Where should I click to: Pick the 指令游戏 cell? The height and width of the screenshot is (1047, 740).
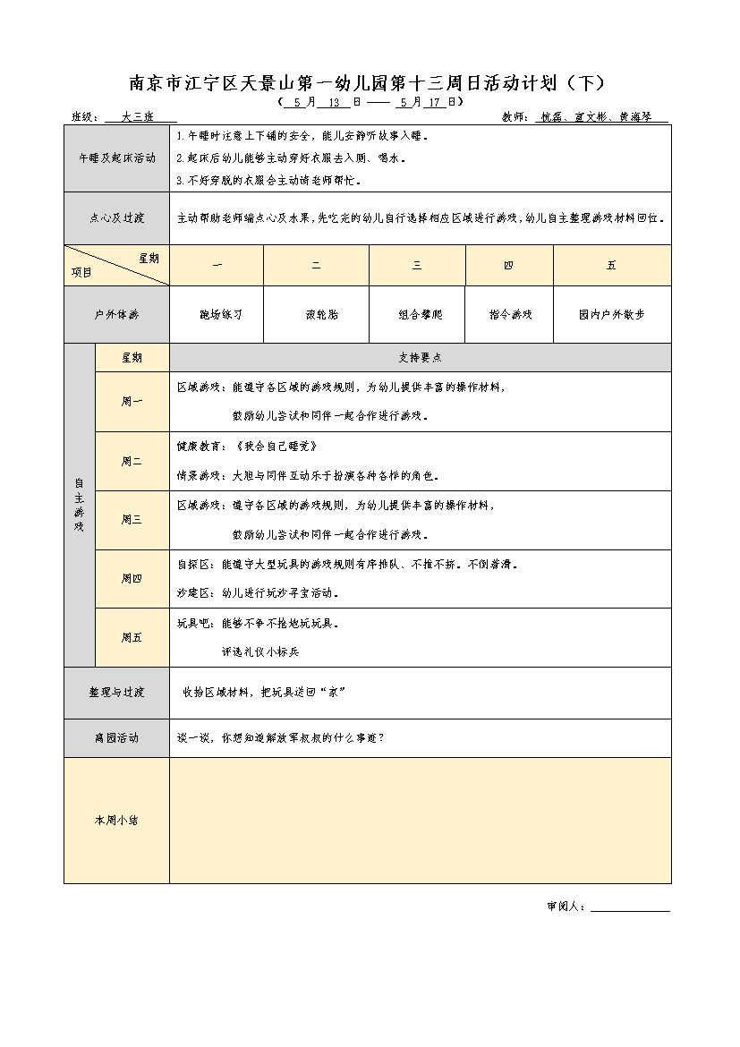coord(510,315)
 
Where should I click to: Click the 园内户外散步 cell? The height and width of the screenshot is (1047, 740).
coord(611,315)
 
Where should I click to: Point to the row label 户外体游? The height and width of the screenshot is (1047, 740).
coord(116,315)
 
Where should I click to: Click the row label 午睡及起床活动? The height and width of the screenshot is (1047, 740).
coord(116,158)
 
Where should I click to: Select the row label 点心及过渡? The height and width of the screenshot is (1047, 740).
coord(116,217)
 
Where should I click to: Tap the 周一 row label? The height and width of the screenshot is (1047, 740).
coord(132,402)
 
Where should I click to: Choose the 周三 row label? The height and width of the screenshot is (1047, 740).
coord(132,520)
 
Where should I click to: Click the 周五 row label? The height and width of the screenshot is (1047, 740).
coord(132,638)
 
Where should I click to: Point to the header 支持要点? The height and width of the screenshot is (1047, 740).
coord(420,357)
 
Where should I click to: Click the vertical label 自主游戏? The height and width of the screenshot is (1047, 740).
coord(79,505)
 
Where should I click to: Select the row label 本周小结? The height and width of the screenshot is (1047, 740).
coord(116,821)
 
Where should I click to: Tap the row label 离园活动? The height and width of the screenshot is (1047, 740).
coord(116,738)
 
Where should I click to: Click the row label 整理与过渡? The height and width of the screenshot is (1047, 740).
coord(116,693)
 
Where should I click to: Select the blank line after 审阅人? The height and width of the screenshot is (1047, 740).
coord(630,907)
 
